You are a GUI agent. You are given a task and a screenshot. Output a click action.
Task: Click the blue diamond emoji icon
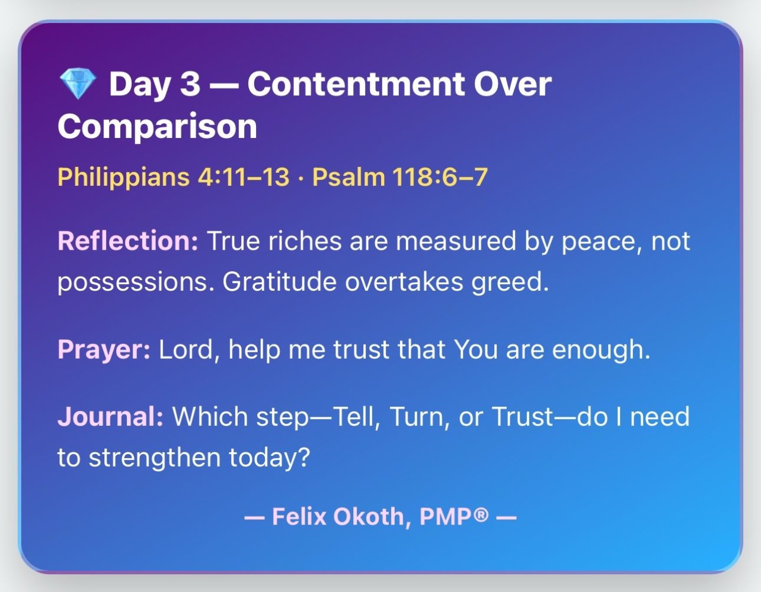pyautogui.click(x=78, y=83)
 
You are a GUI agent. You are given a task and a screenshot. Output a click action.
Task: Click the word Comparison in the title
pyautogui.click(x=157, y=127)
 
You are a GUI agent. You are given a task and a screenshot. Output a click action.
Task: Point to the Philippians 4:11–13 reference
pyautogui.click(x=173, y=177)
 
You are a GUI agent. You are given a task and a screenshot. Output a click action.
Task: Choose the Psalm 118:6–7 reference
pyautogui.click(x=400, y=176)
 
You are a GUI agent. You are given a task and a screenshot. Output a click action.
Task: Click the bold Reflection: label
pyautogui.click(x=128, y=241)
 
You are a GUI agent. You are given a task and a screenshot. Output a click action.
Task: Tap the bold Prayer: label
pyautogui.click(x=104, y=349)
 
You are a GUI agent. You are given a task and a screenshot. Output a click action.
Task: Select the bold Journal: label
pyautogui.click(x=110, y=416)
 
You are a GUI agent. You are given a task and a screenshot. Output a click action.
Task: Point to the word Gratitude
pyautogui.click(x=280, y=281)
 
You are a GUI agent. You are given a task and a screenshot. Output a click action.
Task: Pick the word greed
pyautogui.click(x=510, y=282)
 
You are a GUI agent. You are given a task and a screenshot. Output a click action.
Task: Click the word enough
pyautogui.click(x=601, y=349)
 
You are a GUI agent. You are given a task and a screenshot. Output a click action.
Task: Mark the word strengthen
pyautogui.click(x=155, y=458)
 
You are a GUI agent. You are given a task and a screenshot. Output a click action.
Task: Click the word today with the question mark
pyautogui.click(x=270, y=458)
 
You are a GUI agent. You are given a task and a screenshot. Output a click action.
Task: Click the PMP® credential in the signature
pyautogui.click(x=454, y=516)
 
